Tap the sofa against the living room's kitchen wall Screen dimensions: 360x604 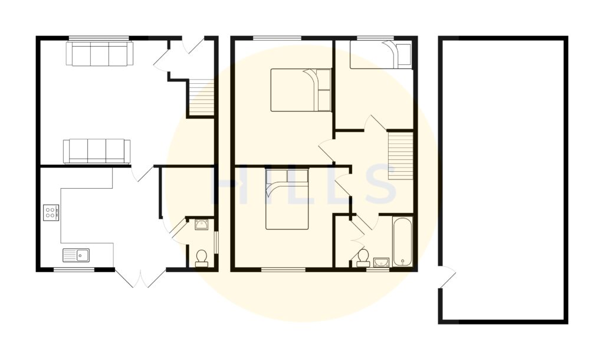[x=97, y=150]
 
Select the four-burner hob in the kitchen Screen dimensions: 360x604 [x=51, y=212]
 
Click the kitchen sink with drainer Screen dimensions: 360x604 [x=76, y=255]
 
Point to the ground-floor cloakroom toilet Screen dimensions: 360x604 [x=202, y=258]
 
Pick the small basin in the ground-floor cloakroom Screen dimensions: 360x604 [x=201, y=223]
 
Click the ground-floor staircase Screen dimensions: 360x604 [x=201, y=98]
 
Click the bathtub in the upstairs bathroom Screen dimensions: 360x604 [x=402, y=243]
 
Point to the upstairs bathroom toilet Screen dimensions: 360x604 [x=362, y=257]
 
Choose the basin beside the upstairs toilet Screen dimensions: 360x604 [x=381, y=262]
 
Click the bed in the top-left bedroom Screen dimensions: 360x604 [x=301, y=90]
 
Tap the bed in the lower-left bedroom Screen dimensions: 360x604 [x=287, y=198]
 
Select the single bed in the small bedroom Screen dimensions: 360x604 [x=380, y=55]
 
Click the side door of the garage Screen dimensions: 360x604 [x=447, y=277]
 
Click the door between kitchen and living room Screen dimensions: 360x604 [x=142, y=172]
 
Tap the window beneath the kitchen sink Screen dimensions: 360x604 [x=74, y=270]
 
